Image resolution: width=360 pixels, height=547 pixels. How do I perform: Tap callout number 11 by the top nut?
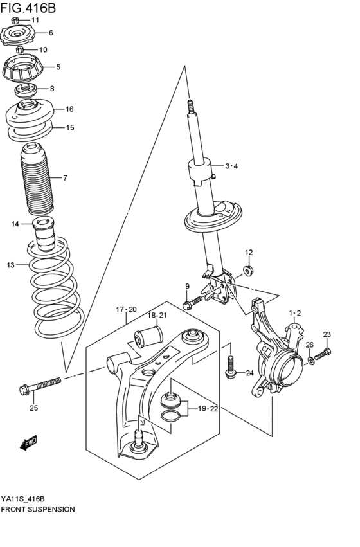(x=53, y=21)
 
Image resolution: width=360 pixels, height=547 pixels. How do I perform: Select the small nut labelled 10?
(x=21, y=49)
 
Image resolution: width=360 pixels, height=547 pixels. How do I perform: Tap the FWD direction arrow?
(x=30, y=443)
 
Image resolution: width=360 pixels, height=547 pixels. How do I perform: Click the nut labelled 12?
(x=249, y=269)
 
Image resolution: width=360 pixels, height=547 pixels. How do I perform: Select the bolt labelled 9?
(x=191, y=303)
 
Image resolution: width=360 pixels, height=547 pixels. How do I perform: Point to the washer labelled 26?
(x=311, y=361)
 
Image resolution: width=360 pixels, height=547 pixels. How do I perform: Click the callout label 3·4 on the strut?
(x=231, y=167)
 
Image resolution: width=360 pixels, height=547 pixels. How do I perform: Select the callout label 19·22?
(x=207, y=409)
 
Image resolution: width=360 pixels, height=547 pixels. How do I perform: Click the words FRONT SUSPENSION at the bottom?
(x=38, y=508)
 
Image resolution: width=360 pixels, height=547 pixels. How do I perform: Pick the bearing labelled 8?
(x=27, y=89)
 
